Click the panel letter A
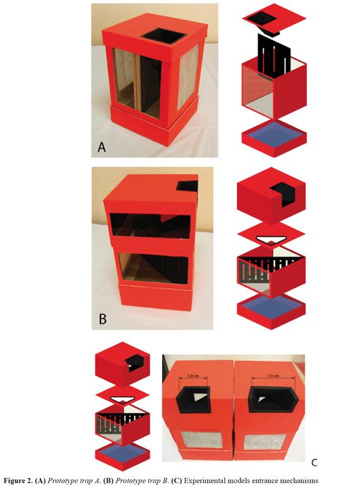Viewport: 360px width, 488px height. tap(102, 147)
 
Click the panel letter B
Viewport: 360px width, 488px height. tap(102, 319)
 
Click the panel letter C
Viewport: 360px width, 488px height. tap(315, 463)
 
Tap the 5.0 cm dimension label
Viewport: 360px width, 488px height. tap(193, 375)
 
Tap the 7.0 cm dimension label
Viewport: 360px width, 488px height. tap(273, 375)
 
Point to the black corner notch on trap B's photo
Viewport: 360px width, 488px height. tap(188, 185)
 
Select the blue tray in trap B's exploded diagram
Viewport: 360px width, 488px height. tap(271, 305)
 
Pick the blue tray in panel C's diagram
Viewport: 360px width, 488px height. tap(122, 450)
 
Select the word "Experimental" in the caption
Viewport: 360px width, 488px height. tap(205, 481)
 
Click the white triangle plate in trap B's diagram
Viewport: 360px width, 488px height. tap(271, 240)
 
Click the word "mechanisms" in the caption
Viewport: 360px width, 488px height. tap(302, 481)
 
